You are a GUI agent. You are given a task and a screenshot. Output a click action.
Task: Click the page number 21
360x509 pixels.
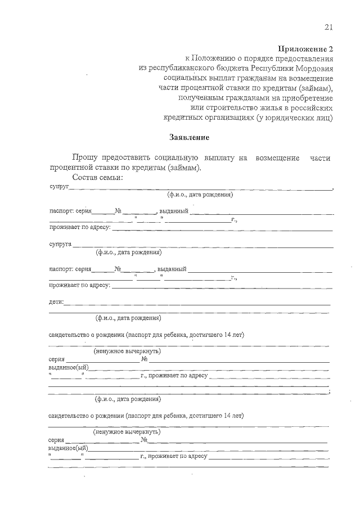click(x=328, y=28)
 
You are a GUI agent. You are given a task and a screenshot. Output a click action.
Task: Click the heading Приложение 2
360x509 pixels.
click(x=307, y=48)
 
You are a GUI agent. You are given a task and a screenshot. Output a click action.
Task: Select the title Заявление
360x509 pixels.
click(x=189, y=137)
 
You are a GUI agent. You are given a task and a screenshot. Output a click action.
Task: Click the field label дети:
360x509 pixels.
click(x=56, y=302)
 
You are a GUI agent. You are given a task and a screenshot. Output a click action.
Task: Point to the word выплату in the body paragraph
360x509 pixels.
click(x=217, y=158)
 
